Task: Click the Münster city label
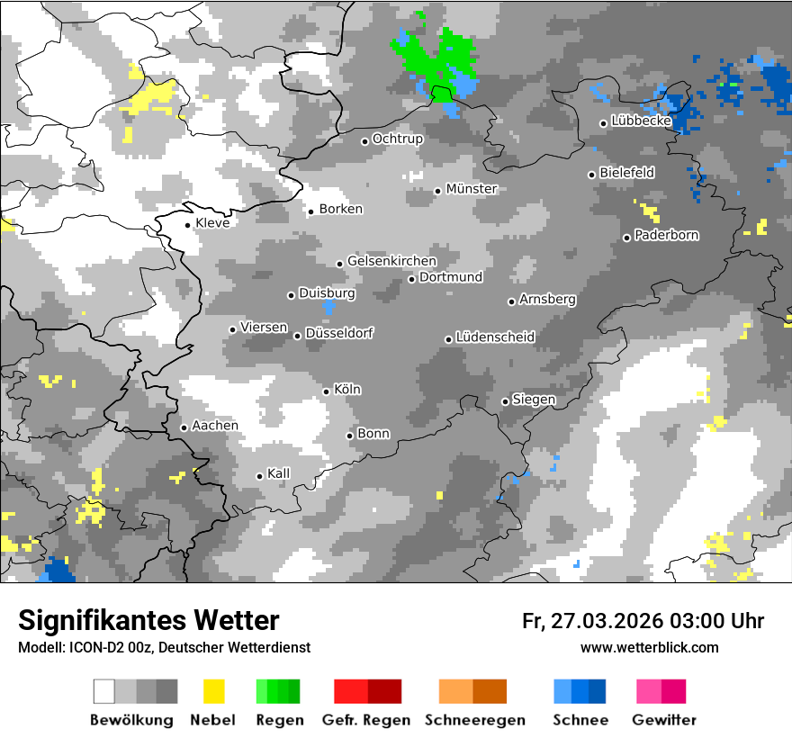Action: [472, 189]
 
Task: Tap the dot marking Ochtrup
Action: [364, 140]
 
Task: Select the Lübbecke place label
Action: [641, 121]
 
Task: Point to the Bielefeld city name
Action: [626, 173]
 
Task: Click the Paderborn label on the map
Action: [666, 236]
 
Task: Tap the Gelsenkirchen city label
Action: [391, 261]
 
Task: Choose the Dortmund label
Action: [451, 277]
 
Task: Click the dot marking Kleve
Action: [187, 225]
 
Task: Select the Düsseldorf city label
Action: [339, 333]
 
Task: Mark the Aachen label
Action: [215, 426]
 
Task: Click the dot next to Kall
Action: [259, 476]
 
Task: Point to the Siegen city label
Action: [534, 400]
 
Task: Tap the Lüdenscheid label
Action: [495, 337]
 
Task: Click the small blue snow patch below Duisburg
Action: [328, 307]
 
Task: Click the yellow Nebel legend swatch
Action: [213, 691]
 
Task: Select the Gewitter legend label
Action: [663, 720]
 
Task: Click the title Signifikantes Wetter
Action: [148, 620]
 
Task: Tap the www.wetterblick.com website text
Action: [649, 647]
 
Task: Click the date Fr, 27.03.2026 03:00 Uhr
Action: [643, 621]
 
